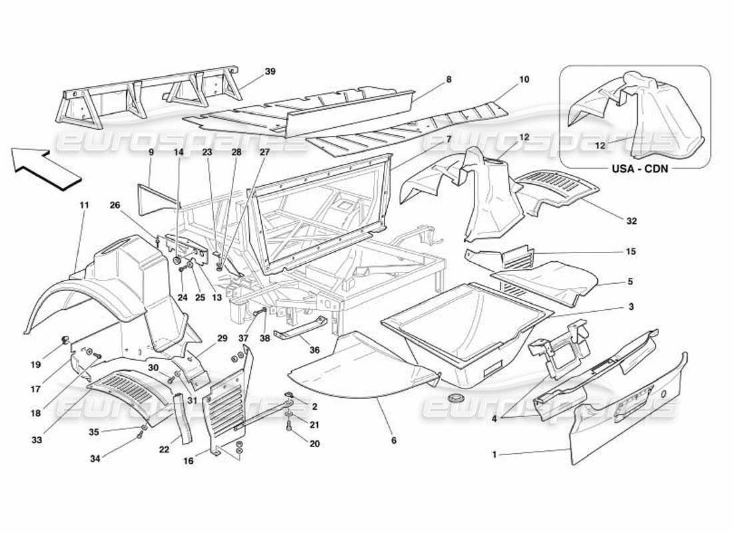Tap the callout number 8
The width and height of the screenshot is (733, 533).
click(448, 79)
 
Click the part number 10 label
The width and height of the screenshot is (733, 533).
click(524, 79)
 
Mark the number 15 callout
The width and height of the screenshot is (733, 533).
click(630, 251)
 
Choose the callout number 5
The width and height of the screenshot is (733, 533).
click(630, 281)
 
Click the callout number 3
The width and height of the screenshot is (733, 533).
click(630, 307)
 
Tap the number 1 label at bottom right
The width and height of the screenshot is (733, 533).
click(494, 454)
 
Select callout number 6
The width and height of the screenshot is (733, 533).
click(394, 440)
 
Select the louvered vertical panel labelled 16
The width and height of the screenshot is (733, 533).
click(230, 406)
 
